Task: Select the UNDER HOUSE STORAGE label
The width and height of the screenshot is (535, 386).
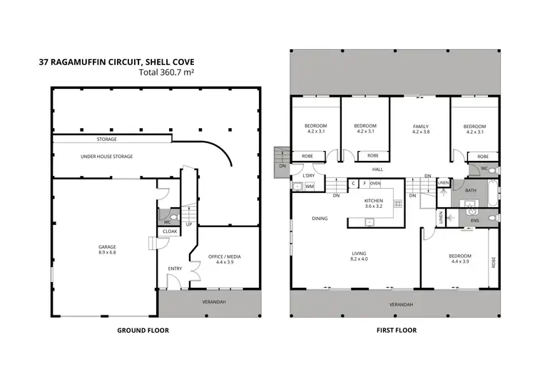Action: click(106, 156)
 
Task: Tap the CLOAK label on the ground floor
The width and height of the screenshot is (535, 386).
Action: click(170, 231)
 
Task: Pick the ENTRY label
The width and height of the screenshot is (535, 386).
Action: click(175, 268)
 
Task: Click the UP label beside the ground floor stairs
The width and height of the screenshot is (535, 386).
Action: click(189, 224)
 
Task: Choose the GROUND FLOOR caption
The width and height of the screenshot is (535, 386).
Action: click(138, 330)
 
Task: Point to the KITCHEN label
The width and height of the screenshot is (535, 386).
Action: click(374, 202)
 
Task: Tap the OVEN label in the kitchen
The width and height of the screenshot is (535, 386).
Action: click(375, 183)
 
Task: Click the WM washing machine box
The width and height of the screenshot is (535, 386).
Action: click(310, 187)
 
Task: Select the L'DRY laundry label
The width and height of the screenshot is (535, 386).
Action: click(309, 175)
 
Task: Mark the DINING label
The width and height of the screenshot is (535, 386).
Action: click(320, 219)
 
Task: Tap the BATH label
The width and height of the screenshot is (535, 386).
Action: click(470, 190)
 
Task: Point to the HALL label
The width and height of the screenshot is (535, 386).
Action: click(377, 169)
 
